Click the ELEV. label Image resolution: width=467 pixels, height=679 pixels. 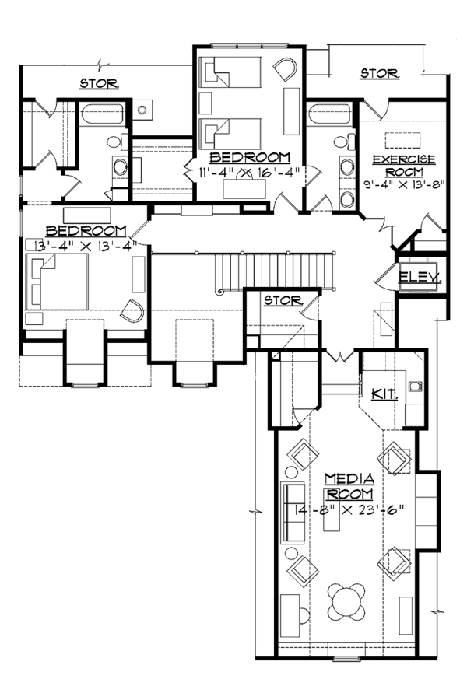(x=420, y=277)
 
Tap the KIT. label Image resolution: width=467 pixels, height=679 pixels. (x=384, y=394)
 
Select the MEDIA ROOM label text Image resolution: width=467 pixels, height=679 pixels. (x=349, y=486)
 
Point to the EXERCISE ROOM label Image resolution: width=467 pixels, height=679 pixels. (x=404, y=166)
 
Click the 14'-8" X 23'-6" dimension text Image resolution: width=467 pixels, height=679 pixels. (x=349, y=509)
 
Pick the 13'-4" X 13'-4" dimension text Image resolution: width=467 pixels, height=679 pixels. (x=86, y=246)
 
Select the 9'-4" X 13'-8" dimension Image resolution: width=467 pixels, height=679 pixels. (x=405, y=185)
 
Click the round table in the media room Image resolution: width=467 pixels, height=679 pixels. (x=346, y=601)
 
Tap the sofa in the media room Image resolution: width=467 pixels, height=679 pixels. (x=293, y=513)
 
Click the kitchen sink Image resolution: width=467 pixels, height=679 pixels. (x=416, y=386)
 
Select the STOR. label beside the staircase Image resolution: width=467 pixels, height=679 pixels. (x=283, y=300)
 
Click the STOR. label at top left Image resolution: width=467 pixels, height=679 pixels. (x=99, y=83)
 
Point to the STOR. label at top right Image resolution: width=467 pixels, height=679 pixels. (x=380, y=74)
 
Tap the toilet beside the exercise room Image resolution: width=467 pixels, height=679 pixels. (x=345, y=142)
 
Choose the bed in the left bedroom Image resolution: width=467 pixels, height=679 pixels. (x=57, y=282)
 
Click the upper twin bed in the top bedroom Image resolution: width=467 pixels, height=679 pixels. (x=230, y=72)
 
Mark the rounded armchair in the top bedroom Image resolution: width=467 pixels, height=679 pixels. (x=285, y=69)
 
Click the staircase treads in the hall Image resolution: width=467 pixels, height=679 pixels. (x=275, y=271)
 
